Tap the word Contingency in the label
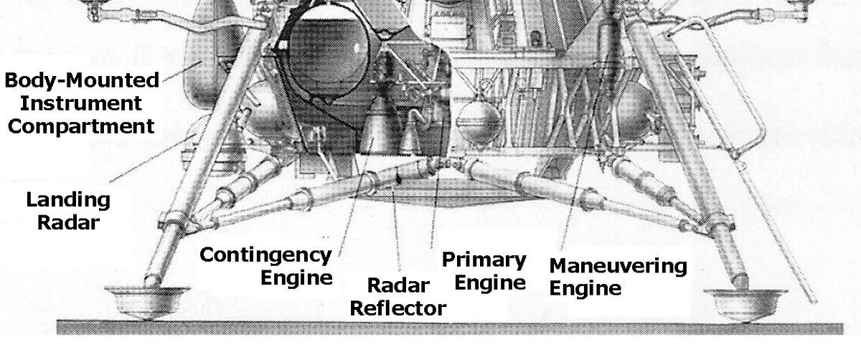tap(265, 255)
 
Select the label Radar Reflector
tap(406, 297)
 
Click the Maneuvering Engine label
tap(617, 276)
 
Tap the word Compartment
tap(83, 127)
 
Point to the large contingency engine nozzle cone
tap(377, 129)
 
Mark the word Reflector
tap(406, 309)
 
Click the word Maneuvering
tap(617, 266)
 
